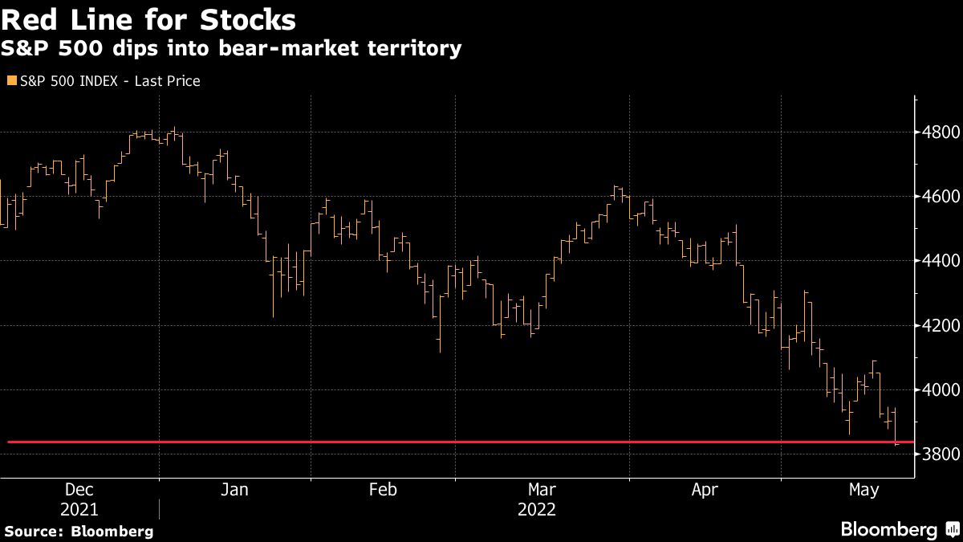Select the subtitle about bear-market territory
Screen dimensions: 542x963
coord(232,49)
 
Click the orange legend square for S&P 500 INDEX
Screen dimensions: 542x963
coord(11,81)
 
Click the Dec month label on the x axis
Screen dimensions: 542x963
coord(79,490)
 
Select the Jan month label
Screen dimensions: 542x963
coord(234,490)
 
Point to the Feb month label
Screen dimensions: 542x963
coord(382,490)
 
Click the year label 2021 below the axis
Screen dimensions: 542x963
coord(79,509)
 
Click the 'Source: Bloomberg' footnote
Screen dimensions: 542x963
coord(79,531)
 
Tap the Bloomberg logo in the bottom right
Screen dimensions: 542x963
coord(899,530)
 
